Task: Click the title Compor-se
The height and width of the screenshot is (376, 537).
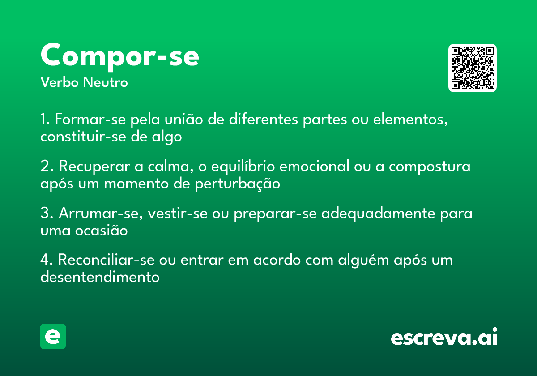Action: click(x=119, y=56)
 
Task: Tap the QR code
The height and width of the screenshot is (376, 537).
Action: click(x=472, y=68)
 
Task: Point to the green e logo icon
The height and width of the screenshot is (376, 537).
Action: click(x=53, y=336)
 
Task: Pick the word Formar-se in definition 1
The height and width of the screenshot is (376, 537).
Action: click(x=91, y=120)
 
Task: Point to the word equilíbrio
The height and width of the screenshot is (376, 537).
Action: click(x=238, y=167)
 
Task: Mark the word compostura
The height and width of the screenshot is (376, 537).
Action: click(x=430, y=167)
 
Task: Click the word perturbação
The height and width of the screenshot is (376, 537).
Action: click(x=237, y=184)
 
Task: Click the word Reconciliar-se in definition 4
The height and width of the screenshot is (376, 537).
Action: click(x=103, y=260)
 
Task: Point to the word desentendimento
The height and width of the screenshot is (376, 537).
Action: click(x=100, y=277)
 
